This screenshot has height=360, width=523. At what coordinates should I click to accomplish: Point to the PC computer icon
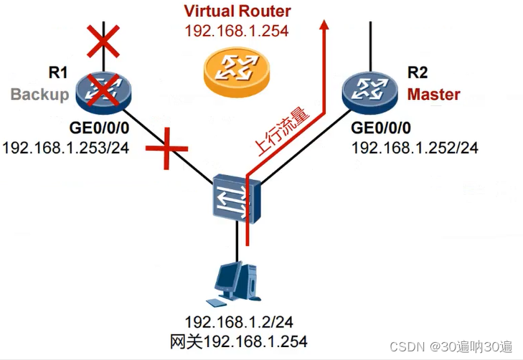[237, 280]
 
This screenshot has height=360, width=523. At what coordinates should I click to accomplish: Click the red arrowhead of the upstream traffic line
[325, 26]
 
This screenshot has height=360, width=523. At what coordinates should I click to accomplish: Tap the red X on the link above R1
[103, 42]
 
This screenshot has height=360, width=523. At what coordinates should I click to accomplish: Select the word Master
[433, 94]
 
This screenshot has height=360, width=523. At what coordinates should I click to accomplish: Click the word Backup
[39, 95]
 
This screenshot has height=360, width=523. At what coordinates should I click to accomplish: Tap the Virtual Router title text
[237, 11]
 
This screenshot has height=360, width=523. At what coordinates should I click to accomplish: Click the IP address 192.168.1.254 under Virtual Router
[237, 32]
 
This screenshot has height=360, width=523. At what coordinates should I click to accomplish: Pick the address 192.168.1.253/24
[66, 148]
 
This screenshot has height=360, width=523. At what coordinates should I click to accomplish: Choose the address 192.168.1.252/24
[414, 148]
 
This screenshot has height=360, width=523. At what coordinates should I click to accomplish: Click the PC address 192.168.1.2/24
[236, 322]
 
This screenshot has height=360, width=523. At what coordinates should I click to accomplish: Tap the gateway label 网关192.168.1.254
[236, 341]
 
